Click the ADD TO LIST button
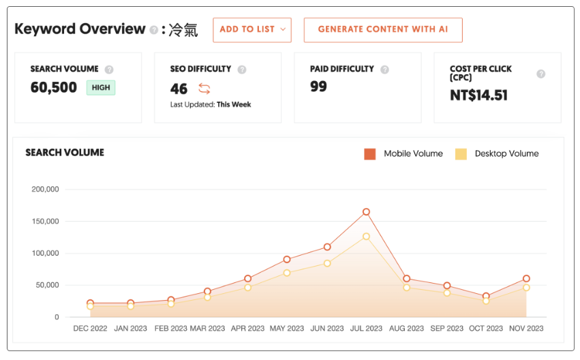[x=251, y=30]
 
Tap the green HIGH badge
[x=101, y=87]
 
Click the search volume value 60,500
[x=54, y=87]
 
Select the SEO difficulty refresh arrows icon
[x=204, y=88]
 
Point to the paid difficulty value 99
[x=318, y=87]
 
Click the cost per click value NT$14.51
[x=478, y=95]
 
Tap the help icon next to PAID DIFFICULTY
[x=384, y=70]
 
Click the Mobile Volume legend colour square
[x=370, y=154]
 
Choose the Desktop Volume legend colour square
[x=461, y=154]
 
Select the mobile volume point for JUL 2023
[x=366, y=212]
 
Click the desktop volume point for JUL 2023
[x=366, y=237]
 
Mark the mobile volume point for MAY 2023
[x=287, y=260]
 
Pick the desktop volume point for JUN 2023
[x=327, y=263]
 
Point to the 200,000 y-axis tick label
[x=45, y=190]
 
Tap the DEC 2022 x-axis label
[x=90, y=329]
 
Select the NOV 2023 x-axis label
[x=526, y=329]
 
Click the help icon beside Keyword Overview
[x=154, y=30]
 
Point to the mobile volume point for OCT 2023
[x=486, y=297]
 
